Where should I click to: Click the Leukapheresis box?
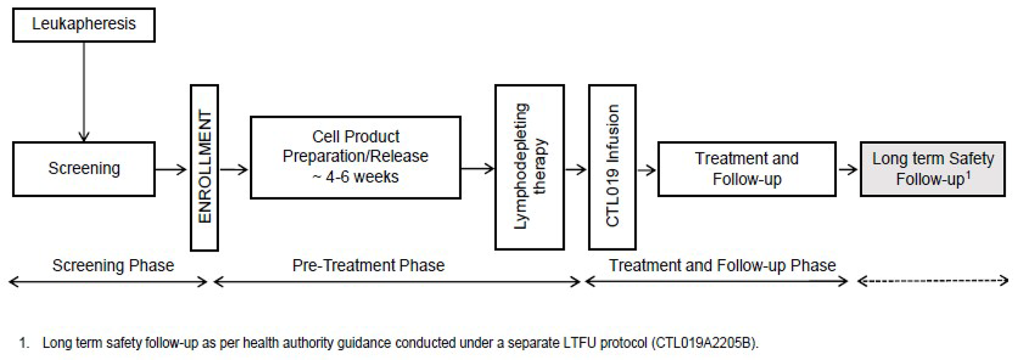83,25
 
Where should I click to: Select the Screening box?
83,169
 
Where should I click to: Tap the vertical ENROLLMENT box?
204,167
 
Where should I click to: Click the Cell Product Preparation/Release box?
355,157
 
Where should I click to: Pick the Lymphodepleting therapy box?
529,167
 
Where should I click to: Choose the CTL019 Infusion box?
612,167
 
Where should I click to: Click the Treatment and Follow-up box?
746,169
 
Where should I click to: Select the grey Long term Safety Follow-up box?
932,169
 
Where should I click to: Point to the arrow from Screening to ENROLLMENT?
171,169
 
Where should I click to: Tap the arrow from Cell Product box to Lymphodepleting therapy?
477,169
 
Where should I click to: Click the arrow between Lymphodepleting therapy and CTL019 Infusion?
576,169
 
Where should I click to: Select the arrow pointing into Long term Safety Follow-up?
848,169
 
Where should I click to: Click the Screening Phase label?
113,265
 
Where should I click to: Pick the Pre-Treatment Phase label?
368,265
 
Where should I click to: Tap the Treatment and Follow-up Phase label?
722,265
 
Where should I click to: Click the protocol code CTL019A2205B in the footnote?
705,342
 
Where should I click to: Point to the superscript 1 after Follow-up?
968,174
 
